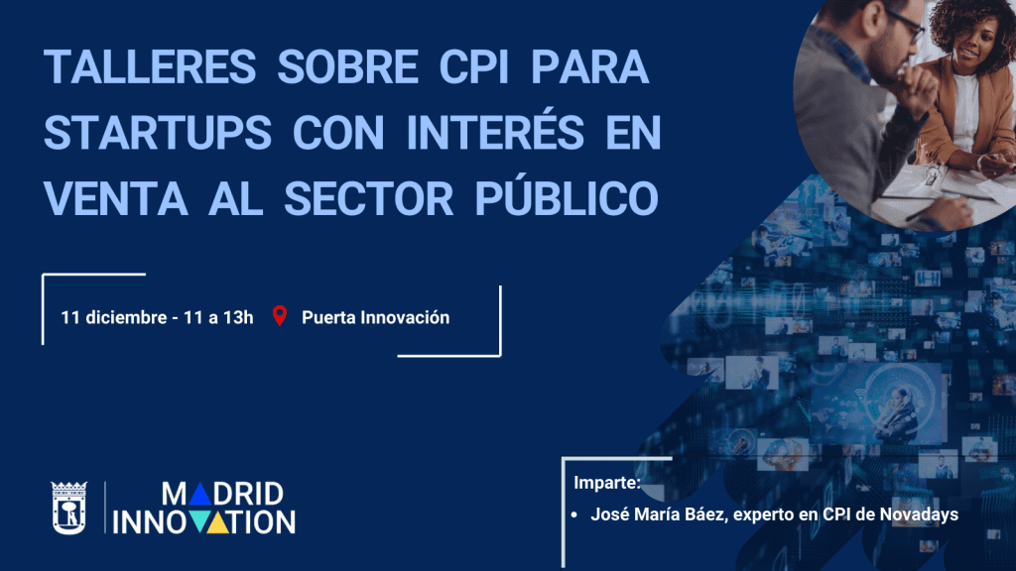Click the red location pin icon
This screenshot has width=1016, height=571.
(280, 316)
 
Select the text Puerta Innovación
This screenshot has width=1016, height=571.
(375, 317)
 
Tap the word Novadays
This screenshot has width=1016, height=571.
(920, 514)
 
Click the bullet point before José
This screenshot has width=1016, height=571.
(575, 514)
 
